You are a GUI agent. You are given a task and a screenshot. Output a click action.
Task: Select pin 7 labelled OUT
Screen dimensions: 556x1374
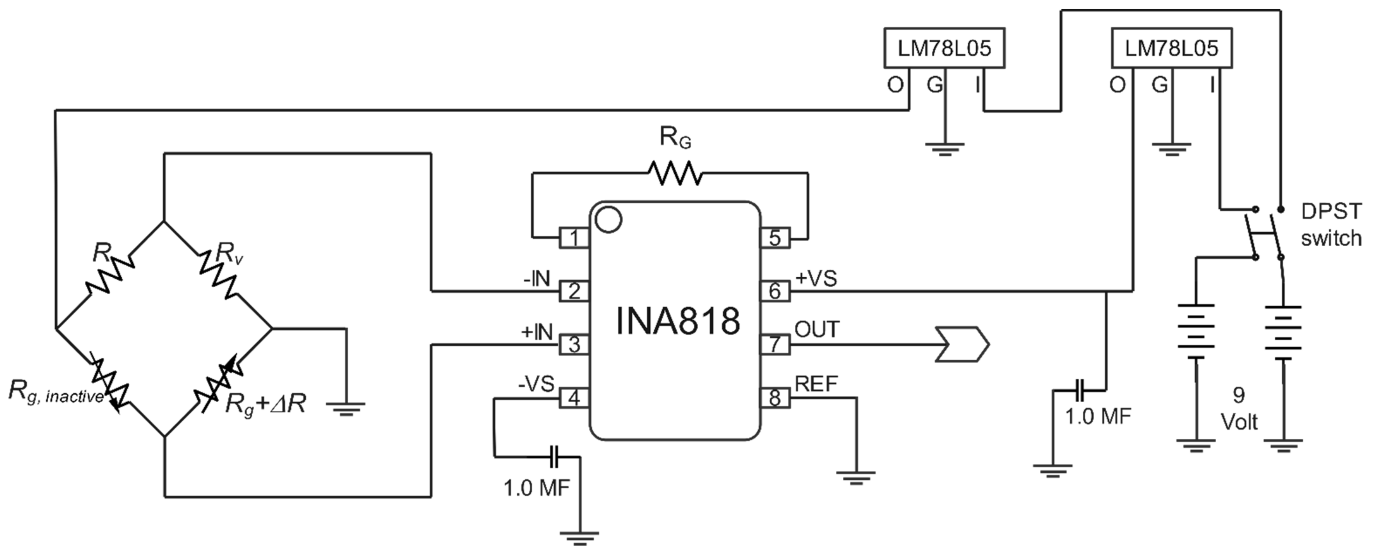point(775,344)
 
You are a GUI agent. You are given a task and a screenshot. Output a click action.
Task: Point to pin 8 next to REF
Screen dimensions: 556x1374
point(775,398)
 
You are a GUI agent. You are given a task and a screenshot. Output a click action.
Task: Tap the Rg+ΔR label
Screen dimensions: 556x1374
point(265,405)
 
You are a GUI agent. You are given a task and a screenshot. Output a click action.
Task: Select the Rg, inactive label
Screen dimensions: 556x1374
point(56,393)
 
